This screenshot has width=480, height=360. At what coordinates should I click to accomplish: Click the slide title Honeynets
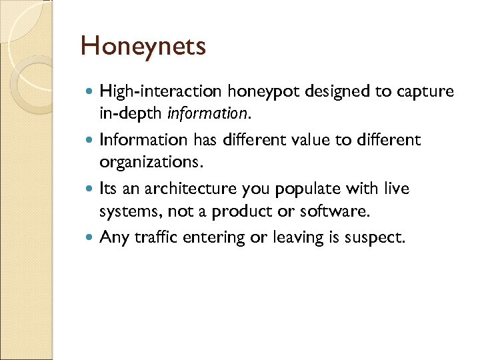click(143, 47)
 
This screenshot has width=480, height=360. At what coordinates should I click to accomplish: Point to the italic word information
click(207, 113)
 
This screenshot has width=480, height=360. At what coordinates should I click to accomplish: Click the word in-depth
click(131, 113)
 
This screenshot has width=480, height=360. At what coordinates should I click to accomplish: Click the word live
click(397, 189)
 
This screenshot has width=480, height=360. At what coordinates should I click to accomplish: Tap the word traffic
click(153, 237)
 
